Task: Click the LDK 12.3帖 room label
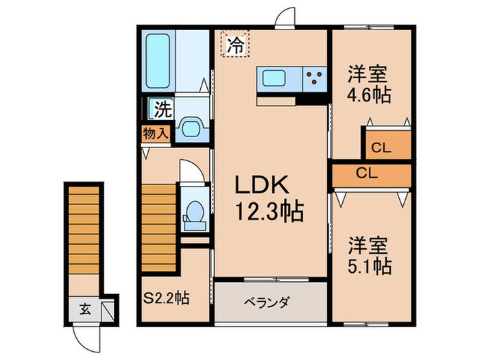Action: pyautogui.click(x=269, y=197)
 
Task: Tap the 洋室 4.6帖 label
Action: pyautogui.click(x=368, y=83)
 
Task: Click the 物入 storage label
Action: pyautogui.click(x=156, y=133)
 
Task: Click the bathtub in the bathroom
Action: pyautogui.click(x=161, y=60)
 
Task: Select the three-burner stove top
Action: pyautogui.click(x=315, y=78)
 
